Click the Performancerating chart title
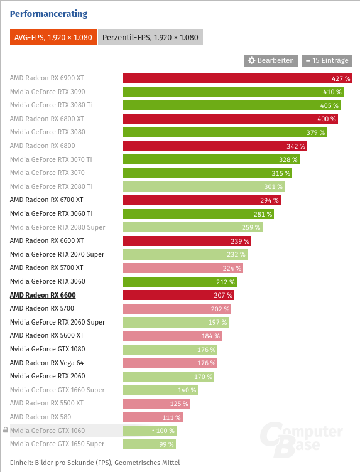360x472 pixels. (48, 14)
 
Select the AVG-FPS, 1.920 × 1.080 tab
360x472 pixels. (53, 38)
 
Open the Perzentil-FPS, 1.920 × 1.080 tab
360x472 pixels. (150, 38)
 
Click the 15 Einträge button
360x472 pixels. (327, 60)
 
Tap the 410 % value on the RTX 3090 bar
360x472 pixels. (332, 92)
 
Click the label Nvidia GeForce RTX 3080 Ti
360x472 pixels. (52, 105)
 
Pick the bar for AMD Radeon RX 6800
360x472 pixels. (215, 146)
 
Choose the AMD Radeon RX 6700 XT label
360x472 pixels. (46, 200)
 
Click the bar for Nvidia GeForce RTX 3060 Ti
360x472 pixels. (198, 214)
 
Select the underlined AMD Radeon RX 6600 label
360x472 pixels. (43, 295)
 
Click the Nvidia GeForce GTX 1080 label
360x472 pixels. (47, 349)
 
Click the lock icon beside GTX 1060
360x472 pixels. (6, 431)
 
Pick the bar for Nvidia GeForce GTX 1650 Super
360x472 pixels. (150, 444)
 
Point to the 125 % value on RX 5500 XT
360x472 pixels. (178, 404)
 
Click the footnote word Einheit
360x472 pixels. (22, 462)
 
